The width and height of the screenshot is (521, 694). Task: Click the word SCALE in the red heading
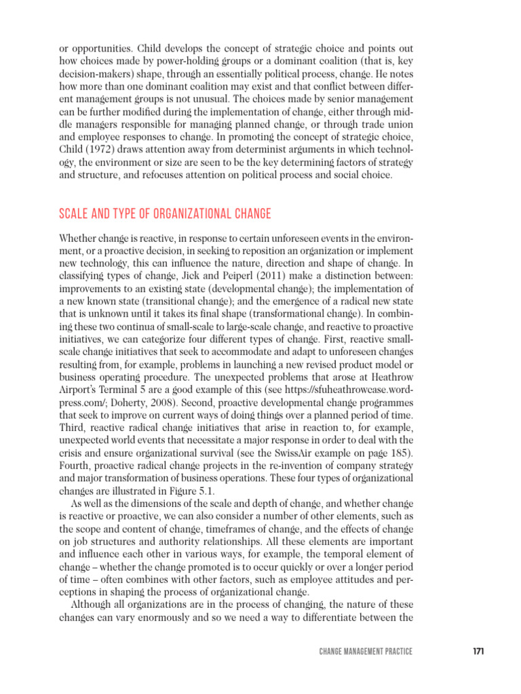coord(75,214)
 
